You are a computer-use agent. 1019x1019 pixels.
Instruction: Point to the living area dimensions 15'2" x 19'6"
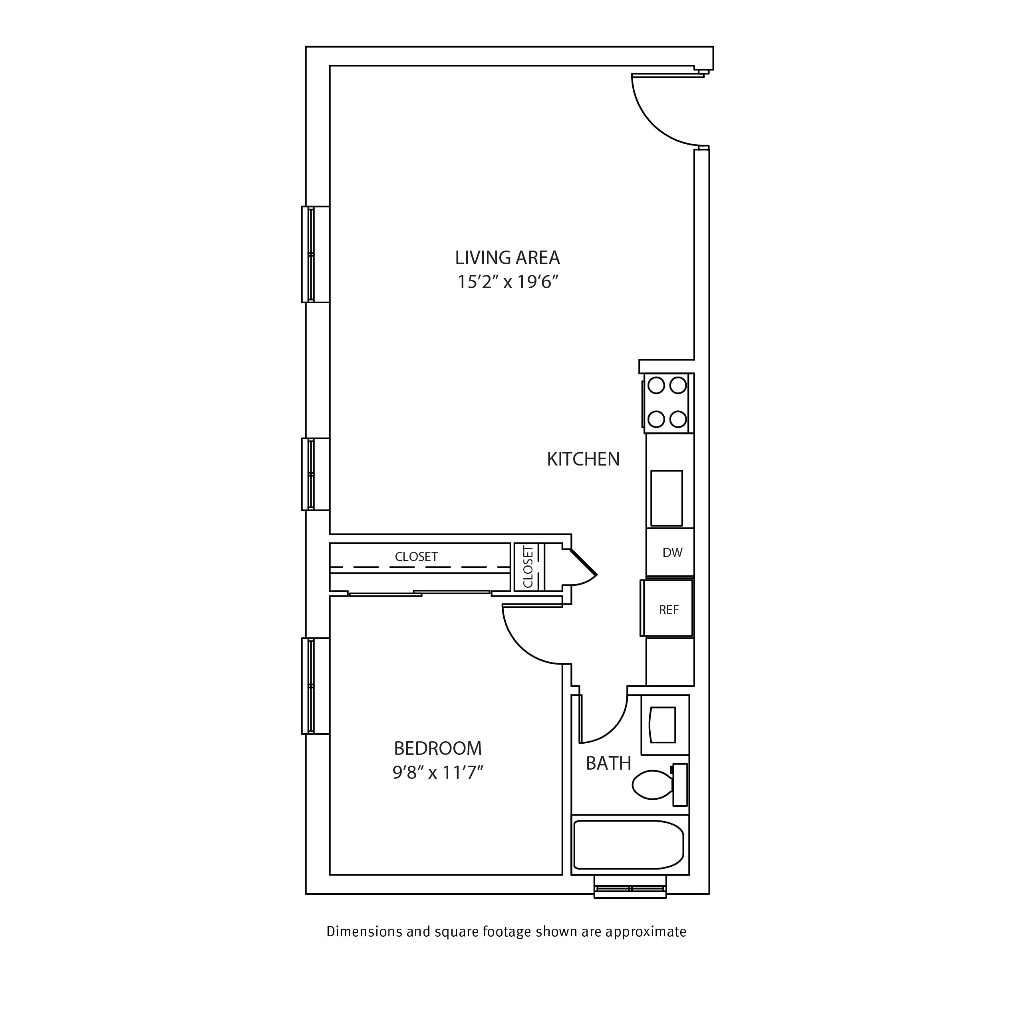[507, 282]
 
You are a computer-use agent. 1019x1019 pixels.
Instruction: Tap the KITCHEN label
[583, 459]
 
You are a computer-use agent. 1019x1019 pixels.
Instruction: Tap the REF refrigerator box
[667, 609]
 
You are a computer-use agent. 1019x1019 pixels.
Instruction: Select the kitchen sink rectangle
[667, 499]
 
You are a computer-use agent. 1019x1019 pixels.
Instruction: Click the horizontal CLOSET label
[416, 557]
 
